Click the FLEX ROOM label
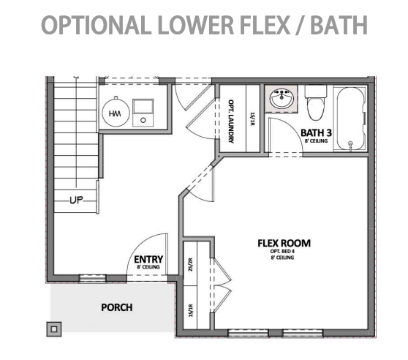coord(284,243)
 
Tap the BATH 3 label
coord(316,132)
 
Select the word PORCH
coord(117,307)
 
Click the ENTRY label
coord(148,259)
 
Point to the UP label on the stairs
coord(77,200)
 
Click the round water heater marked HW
coord(116,113)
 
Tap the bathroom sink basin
coord(282,99)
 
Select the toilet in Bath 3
coord(316,102)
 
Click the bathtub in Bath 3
coord(350,119)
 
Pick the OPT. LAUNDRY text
coord(231,121)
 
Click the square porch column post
coord(54,329)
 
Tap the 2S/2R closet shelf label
coord(190,265)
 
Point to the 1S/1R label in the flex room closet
coord(190,310)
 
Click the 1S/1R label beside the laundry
coord(252,119)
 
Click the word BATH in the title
coord(339,25)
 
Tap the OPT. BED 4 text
coord(282,252)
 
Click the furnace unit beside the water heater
coord(143,113)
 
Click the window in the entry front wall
coord(93,278)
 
